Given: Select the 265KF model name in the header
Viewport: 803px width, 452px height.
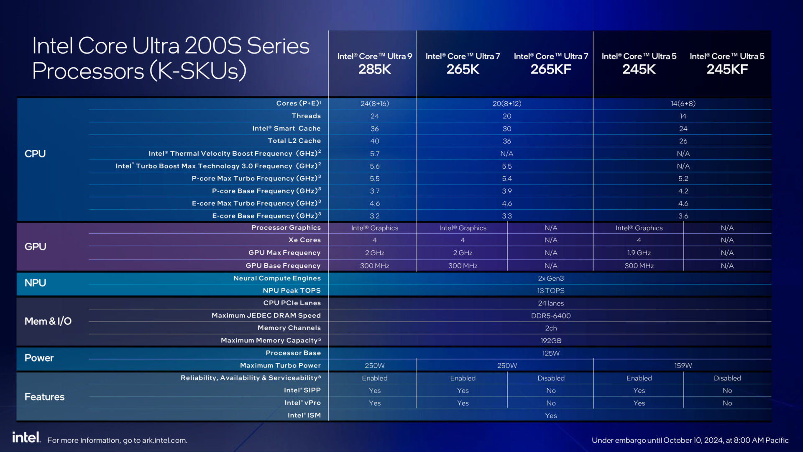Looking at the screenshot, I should [x=551, y=69].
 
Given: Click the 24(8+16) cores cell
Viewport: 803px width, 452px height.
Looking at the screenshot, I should [x=374, y=103].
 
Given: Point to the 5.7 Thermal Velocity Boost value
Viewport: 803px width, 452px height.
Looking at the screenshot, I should [x=374, y=154].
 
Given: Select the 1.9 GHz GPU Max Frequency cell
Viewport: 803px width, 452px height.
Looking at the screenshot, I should [x=639, y=253].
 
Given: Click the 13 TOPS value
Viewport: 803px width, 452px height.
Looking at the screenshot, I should [x=550, y=290].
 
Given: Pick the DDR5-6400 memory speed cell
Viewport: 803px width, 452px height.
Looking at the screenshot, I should [x=550, y=316].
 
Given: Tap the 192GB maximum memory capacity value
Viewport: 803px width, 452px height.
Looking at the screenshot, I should [x=550, y=341].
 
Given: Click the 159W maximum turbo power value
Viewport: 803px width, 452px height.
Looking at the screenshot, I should [x=683, y=365].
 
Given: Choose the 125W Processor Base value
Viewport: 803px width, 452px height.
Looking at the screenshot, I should [x=550, y=353].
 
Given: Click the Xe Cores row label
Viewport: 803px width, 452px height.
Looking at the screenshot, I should [x=304, y=240].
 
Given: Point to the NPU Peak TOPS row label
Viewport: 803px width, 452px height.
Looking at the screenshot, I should [x=292, y=290].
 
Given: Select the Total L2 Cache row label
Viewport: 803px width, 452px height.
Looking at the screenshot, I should [x=294, y=141].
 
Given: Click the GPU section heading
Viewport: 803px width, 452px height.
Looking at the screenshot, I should [x=35, y=247].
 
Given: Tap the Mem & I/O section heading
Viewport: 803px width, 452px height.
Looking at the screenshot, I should [x=48, y=321].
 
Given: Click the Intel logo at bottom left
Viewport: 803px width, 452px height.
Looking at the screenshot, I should [x=26, y=437].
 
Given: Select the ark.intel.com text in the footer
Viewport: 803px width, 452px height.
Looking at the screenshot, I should [x=164, y=440].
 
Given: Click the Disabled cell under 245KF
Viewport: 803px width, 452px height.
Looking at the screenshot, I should [x=727, y=378].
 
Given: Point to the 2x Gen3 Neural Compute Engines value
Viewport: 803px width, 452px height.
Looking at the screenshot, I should [x=550, y=278].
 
